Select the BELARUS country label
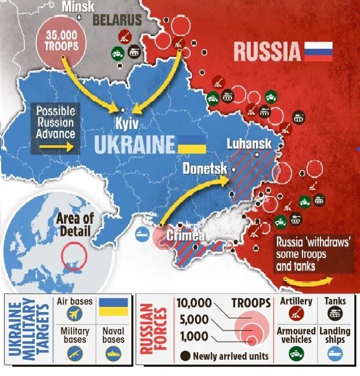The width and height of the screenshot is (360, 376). [118, 20]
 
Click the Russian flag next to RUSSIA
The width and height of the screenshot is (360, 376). [319, 51]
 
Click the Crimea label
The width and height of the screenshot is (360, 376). [185, 236]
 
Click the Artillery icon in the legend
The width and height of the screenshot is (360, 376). [296, 315]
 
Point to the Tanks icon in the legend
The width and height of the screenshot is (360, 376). [334, 315]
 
